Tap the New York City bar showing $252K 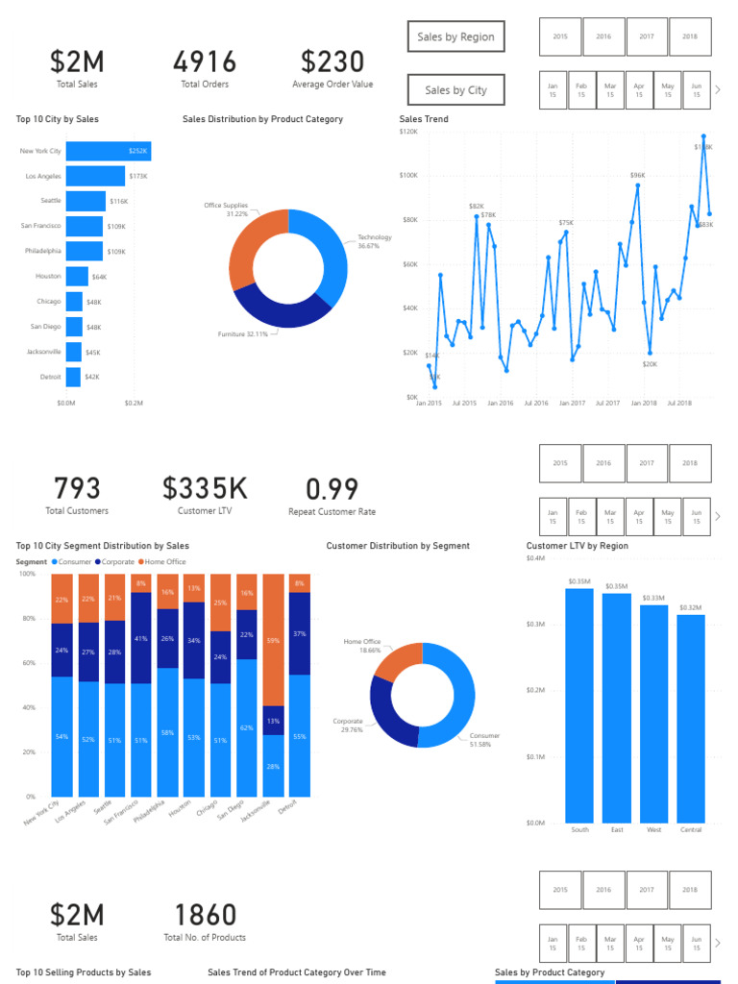pyautogui.click(x=108, y=151)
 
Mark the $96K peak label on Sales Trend pyautogui.click(x=638, y=175)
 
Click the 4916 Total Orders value pyautogui.click(x=205, y=62)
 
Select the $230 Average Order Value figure pyautogui.click(x=332, y=62)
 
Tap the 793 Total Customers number pyautogui.click(x=77, y=489)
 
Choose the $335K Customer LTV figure pyautogui.click(x=205, y=489)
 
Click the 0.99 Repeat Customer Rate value pyautogui.click(x=332, y=489)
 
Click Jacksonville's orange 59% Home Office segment pyautogui.click(x=274, y=640)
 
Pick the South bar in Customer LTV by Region pyautogui.click(x=579, y=704)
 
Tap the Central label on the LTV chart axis pyautogui.click(x=690, y=830)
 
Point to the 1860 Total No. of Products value pyautogui.click(x=205, y=916)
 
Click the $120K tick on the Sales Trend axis pyautogui.click(x=408, y=131)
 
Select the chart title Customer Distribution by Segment pyautogui.click(x=398, y=546)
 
